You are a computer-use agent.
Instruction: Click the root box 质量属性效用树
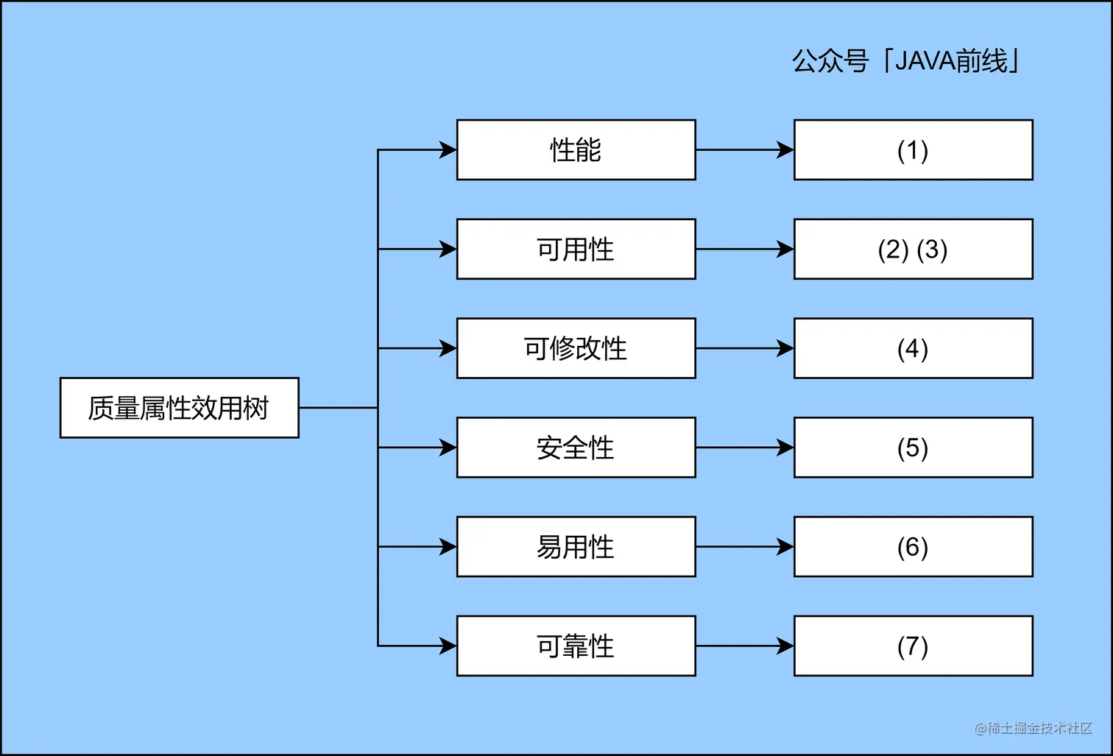(x=179, y=408)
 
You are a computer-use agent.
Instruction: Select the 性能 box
(x=576, y=150)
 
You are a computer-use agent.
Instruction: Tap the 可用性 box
(x=576, y=250)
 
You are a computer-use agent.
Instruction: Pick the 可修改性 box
(x=576, y=348)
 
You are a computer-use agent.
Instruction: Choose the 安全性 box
(x=576, y=448)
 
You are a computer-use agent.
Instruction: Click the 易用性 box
(x=576, y=547)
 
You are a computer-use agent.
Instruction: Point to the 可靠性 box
(x=576, y=646)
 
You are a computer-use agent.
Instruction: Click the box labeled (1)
(x=913, y=150)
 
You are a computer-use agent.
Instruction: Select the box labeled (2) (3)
(x=913, y=250)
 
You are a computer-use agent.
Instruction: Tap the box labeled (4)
(x=913, y=348)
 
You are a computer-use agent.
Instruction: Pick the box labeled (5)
(x=913, y=448)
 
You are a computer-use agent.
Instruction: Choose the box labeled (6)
(x=913, y=547)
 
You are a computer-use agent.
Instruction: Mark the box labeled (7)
(x=913, y=646)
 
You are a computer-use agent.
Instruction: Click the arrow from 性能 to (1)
(x=744, y=150)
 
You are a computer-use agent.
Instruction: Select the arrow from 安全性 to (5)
(x=744, y=448)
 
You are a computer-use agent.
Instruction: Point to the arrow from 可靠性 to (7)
(x=744, y=646)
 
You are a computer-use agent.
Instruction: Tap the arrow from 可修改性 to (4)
(x=744, y=348)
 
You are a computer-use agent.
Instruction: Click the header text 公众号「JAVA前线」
(x=906, y=61)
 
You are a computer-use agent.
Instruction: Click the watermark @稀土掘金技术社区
(x=1033, y=728)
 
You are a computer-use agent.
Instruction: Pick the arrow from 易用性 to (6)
(x=744, y=547)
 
